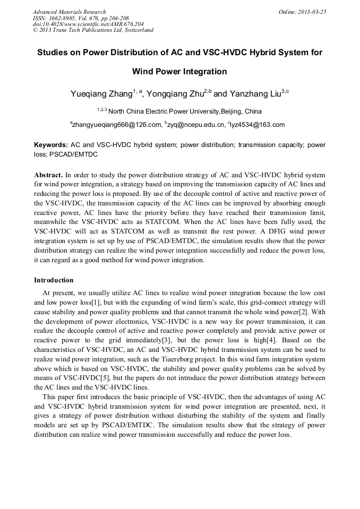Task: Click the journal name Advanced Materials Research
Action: [x=69, y=12]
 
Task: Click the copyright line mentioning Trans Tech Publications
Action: [x=93, y=30]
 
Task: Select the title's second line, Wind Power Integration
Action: [x=179, y=72]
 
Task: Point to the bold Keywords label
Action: [x=51, y=144]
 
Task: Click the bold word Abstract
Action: [x=48, y=175]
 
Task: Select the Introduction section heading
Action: [x=54, y=280]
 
